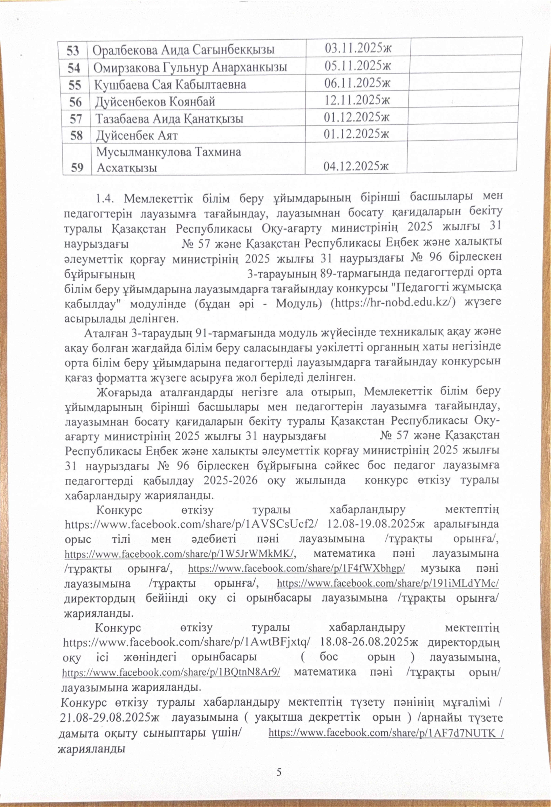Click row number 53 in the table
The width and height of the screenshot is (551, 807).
click(73, 51)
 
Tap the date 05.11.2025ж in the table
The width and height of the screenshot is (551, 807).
click(358, 66)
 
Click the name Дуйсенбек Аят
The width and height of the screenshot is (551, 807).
click(137, 135)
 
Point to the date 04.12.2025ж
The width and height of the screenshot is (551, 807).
click(356, 167)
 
